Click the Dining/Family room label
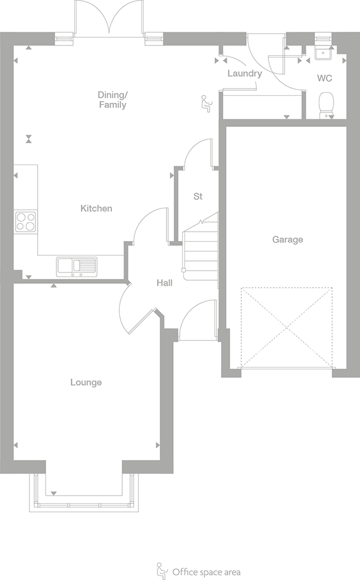pos(113,100)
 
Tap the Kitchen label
pos(96,208)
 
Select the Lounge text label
pos(86,382)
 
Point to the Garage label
pos(288,239)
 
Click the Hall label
pos(165,283)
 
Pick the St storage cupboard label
pos(198,196)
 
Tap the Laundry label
pos(244,74)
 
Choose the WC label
pos(325,78)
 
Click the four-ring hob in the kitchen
pos(26,221)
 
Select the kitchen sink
pos(77,265)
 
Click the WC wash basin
pos(324,53)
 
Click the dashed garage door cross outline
pos(286,327)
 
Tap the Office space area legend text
pos(206,572)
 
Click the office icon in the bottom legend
pos(161,570)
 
